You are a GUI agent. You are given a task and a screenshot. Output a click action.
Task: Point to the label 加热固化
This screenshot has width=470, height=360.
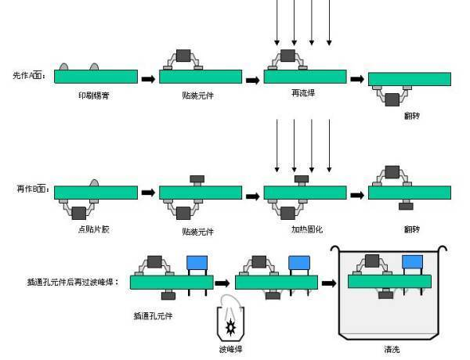pyautogui.click(x=302, y=229)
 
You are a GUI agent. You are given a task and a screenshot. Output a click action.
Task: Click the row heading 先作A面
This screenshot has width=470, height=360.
pyautogui.click(x=30, y=76)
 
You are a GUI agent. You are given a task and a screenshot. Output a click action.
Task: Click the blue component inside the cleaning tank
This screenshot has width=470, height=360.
pyautogui.click(x=413, y=263)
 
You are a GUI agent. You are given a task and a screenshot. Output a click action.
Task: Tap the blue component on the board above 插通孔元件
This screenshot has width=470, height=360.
pyautogui.click(x=196, y=263)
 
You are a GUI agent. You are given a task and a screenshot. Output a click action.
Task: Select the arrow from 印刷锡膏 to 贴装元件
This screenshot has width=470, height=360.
pyautogui.click(x=148, y=78)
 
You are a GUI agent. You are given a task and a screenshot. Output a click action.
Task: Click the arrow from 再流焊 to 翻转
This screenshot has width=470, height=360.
pyautogui.click(x=356, y=79)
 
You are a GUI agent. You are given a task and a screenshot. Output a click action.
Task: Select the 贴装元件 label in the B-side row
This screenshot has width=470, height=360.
pyautogui.click(x=197, y=232)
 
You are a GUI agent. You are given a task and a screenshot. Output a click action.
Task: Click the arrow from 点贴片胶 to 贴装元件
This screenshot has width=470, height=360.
pyautogui.click(x=148, y=192)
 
